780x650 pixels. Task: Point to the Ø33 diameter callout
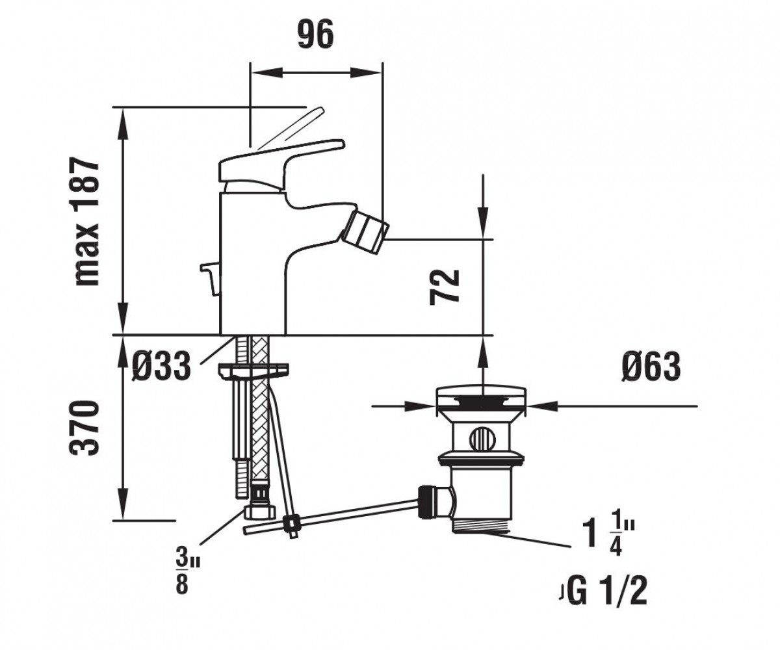click(161, 367)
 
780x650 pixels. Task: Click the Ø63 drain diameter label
click(651, 367)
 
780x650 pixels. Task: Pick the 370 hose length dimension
click(86, 428)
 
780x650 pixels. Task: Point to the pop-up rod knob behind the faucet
click(211, 274)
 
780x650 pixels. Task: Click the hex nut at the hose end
click(260, 512)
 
